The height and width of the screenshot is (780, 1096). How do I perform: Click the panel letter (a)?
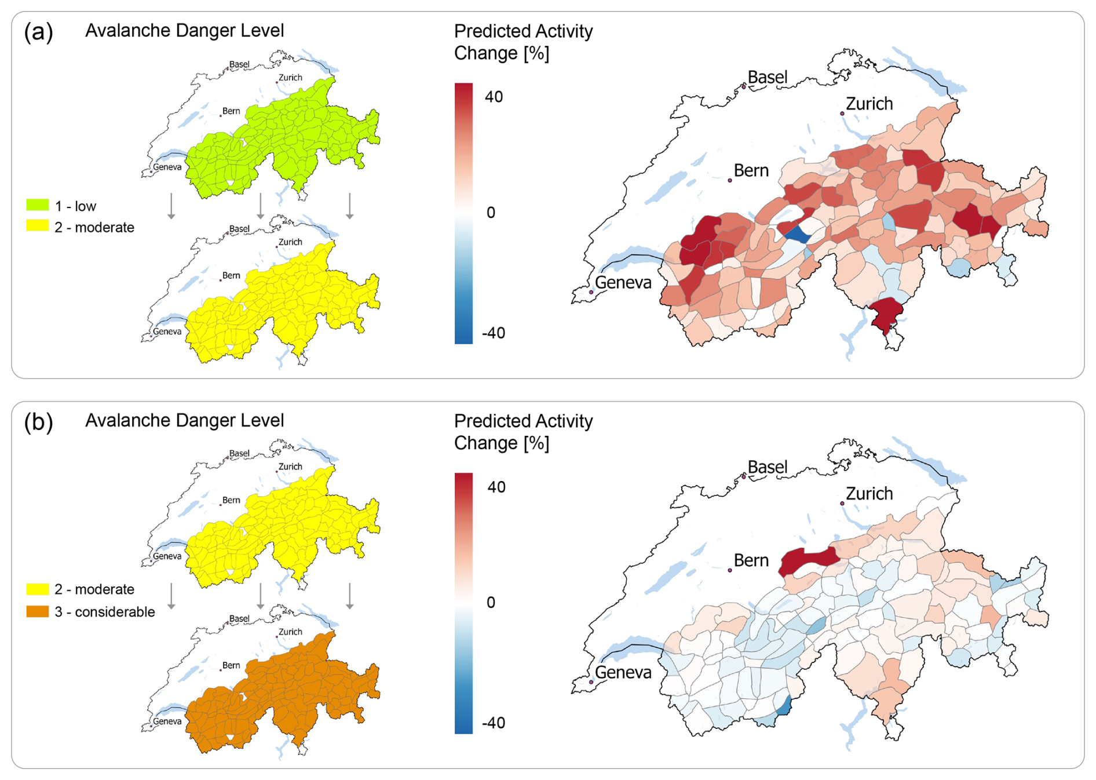tap(38, 32)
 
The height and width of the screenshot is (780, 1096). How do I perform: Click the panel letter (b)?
tap(38, 422)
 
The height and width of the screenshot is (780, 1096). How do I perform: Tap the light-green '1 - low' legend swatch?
tap(38, 205)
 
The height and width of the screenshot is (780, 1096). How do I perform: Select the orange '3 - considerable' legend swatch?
tap(38, 611)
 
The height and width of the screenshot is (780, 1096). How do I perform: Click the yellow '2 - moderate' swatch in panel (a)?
tap(38, 227)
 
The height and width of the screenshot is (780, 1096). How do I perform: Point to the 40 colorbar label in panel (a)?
tap(494, 97)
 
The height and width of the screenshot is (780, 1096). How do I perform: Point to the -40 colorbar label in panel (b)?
tap(493, 723)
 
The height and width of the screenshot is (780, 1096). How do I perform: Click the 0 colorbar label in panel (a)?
tap(491, 213)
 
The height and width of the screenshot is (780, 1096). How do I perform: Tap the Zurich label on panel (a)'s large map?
tap(869, 104)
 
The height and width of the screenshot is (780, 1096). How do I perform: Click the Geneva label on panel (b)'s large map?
tap(623, 672)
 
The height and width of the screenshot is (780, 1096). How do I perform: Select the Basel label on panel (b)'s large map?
tap(767, 466)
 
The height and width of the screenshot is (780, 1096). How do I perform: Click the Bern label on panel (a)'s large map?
tap(751, 170)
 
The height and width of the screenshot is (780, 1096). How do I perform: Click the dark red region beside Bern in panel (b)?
tap(808, 560)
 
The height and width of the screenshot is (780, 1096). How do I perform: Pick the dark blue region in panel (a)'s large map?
tap(798, 235)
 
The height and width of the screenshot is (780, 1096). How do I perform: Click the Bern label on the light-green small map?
tap(231, 111)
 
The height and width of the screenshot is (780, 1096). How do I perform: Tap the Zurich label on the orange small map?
tap(290, 632)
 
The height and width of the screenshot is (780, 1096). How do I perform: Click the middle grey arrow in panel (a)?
tap(261, 206)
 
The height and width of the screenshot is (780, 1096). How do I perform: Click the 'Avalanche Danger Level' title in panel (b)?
tap(184, 420)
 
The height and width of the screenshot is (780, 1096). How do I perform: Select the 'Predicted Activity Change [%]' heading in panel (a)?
tap(523, 42)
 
